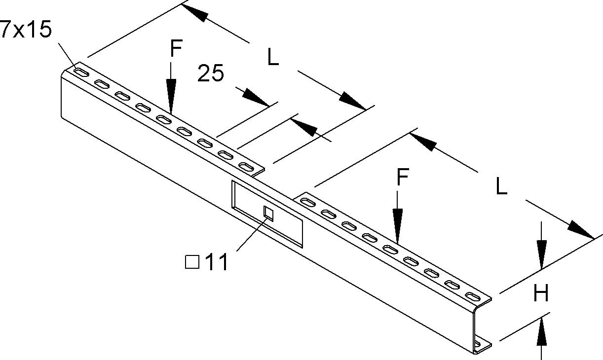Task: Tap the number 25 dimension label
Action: pyautogui.click(x=211, y=74)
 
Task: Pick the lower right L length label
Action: pyautogui.click(x=501, y=187)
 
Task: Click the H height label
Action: pyautogui.click(x=541, y=294)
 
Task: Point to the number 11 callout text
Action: pyautogui.click(x=216, y=263)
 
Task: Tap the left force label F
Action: pyautogui.click(x=176, y=49)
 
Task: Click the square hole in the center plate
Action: pyautogui.click(x=268, y=213)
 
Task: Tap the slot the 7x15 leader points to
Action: pyautogui.click(x=82, y=73)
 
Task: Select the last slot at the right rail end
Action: pyautogui.click(x=472, y=297)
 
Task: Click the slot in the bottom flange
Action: pyautogui.click(x=478, y=342)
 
